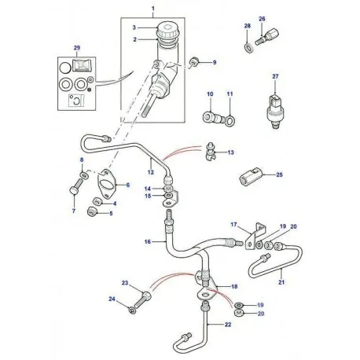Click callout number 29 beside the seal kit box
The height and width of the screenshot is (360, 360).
pyautogui.click(x=76, y=48)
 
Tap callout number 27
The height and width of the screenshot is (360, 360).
pyautogui.click(x=275, y=76)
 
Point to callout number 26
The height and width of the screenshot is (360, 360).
pyautogui.click(x=262, y=17)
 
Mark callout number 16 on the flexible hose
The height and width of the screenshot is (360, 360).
pyautogui.click(x=146, y=242)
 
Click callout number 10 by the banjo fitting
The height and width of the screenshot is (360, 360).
pyautogui.click(x=209, y=95)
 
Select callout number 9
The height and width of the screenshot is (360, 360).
pyautogui.click(x=211, y=61)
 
